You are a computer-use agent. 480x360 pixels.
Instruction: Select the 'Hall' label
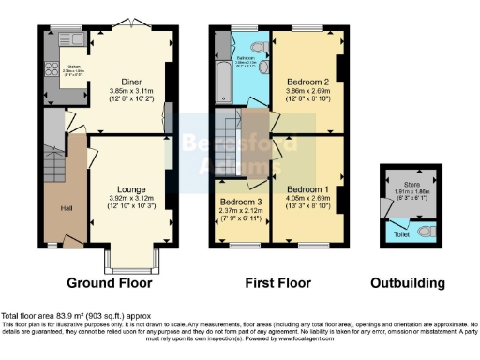click(x=67, y=208)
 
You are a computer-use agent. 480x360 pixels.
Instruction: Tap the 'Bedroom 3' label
click(x=240, y=201)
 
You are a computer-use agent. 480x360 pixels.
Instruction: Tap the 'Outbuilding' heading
click(x=408, y=282)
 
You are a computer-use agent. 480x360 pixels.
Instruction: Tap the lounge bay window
click(x=130, y=259)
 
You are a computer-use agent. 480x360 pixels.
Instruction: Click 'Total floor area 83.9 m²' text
click(x=56, y=315)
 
